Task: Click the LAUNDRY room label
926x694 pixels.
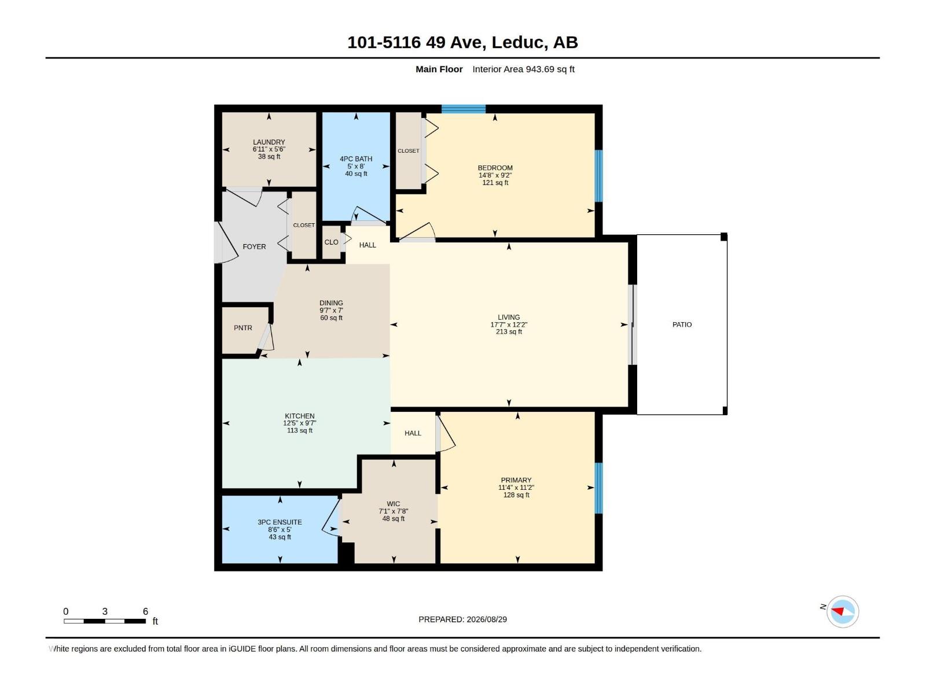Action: pyautogui.click(x=269, y=142)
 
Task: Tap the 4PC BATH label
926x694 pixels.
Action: pyautogui.click(x=356, y=159)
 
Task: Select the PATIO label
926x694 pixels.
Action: pyautogui.click(x=682, y=324)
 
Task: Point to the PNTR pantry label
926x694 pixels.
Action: pyautogui.click(x=243, y=328)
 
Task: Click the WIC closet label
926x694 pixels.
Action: pyautogui.click(x=393, y=504)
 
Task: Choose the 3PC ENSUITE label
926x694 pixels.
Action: pyautogui.click(x=280, y=522)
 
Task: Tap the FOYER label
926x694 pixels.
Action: pyautogui.click(x=254, y=246)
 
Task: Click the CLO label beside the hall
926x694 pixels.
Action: pyautogui.click(x=331, y=242)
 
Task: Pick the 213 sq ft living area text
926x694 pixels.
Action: pyautogui.click(x=509, y=332)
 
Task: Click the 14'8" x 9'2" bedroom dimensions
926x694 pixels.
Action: pyautogui.click(x=495, y=175)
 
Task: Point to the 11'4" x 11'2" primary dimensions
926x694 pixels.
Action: pyautogui.click(x=516, y=488)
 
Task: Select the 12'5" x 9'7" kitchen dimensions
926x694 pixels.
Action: pyautogui.click(x=300, y=423)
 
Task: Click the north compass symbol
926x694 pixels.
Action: pyautogui.click(x=843, y=611)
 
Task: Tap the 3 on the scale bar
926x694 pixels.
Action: pyautogui.click(x=105, y=611)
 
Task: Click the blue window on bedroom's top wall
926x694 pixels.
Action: pyautogui.click(x=463, y=109)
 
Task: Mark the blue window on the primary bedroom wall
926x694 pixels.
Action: pyautogui.click(x=598, y=488)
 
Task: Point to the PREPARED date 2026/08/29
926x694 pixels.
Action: pyautogui.click(x=486, y=619)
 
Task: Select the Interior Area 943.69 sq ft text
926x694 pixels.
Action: pyautogui.click(x=523, y=69)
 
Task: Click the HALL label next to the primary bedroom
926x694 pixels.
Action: pyautogui.click(x=413, y=433)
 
